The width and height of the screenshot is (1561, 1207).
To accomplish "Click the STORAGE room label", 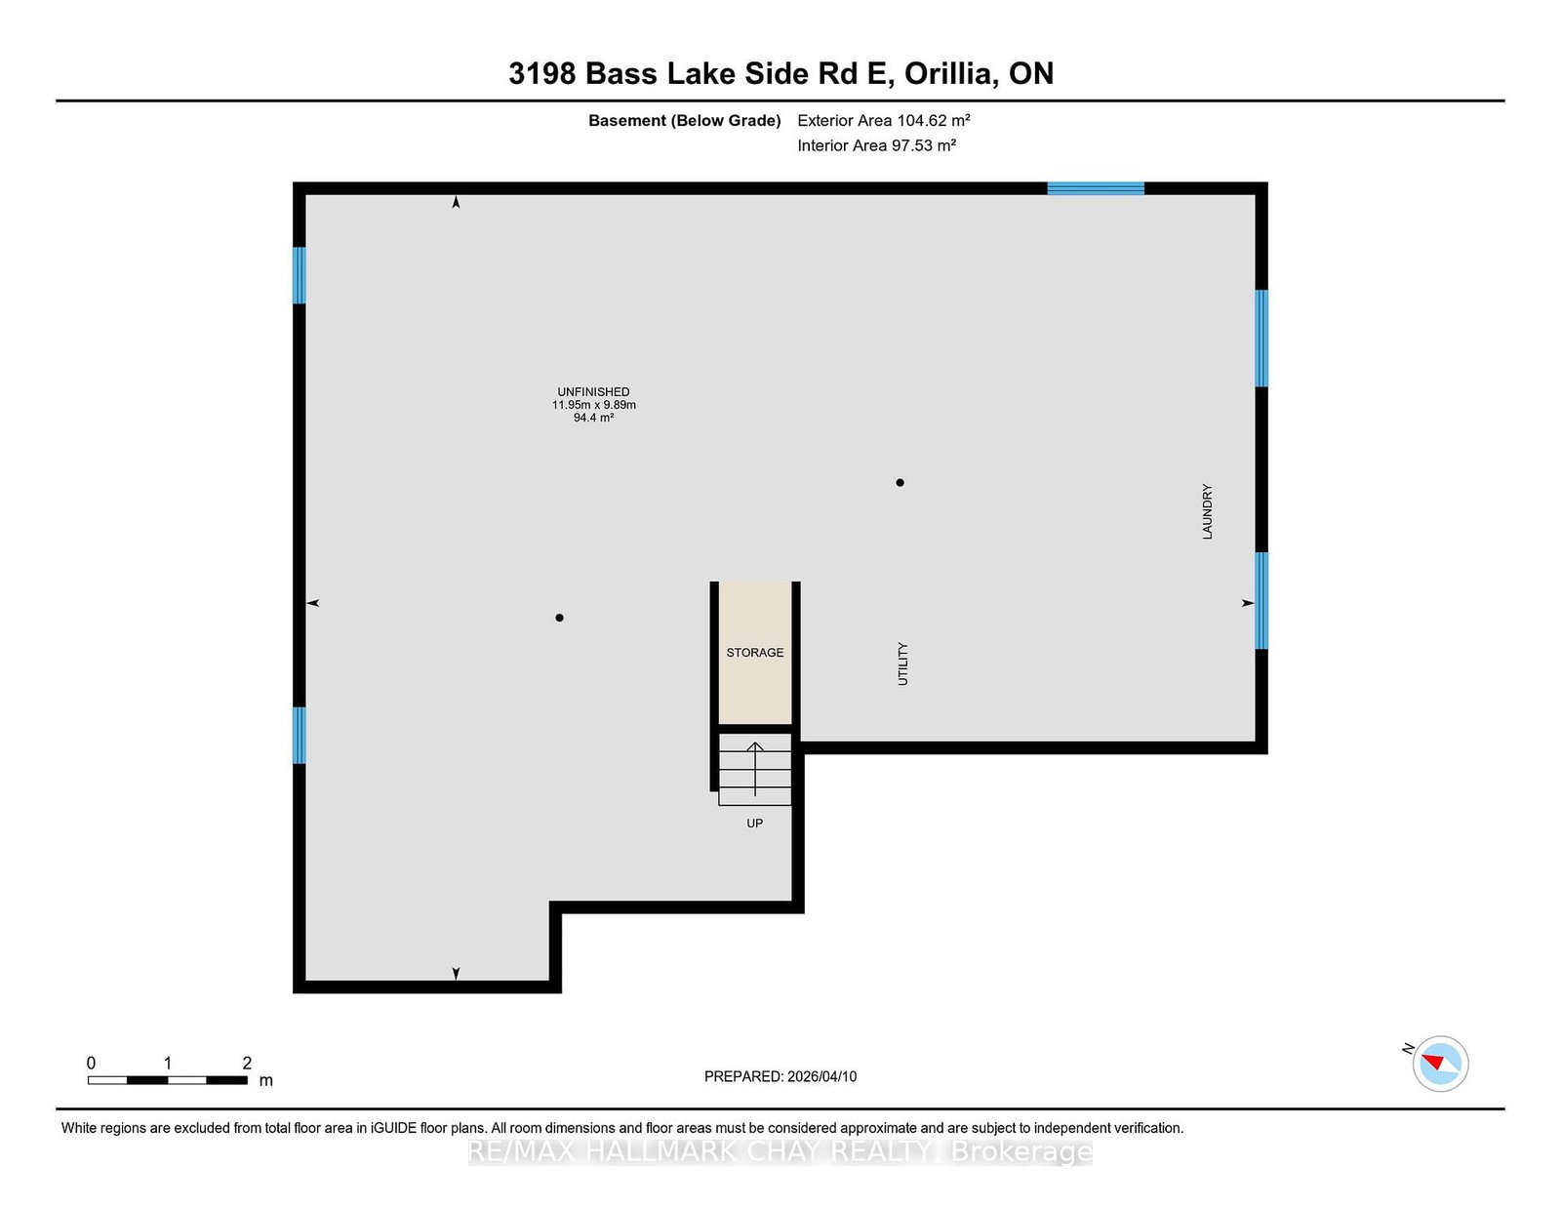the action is [x=754, y=653].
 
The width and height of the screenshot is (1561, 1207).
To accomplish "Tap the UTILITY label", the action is [x=903, y=664].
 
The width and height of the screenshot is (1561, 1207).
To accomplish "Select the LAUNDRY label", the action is [x=1207, y=511].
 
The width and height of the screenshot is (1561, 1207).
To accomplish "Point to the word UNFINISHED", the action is [x=593, y=391].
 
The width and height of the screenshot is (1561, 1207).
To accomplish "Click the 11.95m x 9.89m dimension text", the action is [x=593, y=405].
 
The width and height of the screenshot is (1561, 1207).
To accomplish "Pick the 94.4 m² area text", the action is [x=593, y=418].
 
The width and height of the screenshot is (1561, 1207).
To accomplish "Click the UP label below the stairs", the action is [x=754, y=824].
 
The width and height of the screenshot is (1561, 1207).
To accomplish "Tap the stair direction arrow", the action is [x=755, y=770].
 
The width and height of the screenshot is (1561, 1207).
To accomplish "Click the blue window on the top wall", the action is [x=1096, y=188].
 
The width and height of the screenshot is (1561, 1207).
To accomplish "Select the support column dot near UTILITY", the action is [x=901, y=483].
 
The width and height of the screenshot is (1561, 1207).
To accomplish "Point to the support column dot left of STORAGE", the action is [x=560, y=618].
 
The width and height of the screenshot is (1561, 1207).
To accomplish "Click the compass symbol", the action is [x=1440, y=1064].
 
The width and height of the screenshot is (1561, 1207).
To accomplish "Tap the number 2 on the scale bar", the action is [x=247, y=1063].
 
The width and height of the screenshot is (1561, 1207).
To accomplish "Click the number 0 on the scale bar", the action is [x=92, y=1063].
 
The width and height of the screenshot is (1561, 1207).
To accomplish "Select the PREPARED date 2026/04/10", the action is [x=821, y=1076].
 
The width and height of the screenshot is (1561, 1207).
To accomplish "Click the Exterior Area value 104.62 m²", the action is [x=933, y=120].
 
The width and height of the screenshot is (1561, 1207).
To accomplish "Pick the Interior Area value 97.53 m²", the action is [x=924, y=145].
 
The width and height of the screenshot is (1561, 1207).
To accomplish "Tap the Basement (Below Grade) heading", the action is [x=685, y=121].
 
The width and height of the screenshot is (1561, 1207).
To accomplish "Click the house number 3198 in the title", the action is [x=542, y=73].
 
